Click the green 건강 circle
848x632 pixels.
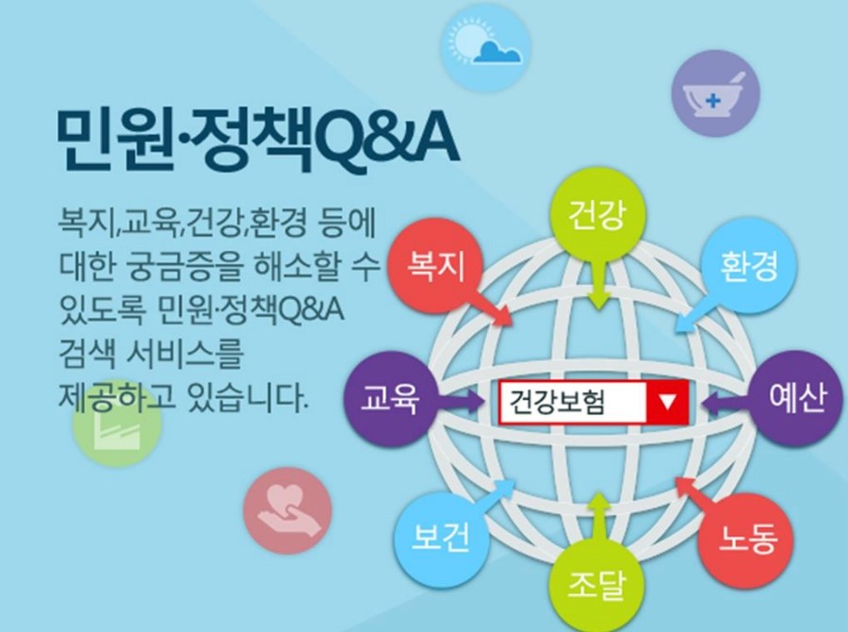point(597,214)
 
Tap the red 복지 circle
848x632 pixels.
point(436,266)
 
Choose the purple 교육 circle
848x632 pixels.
point(390,399)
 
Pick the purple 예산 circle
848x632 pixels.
point(797,399)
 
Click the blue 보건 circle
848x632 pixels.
point(441,539)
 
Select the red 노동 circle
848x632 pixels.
point(746,540)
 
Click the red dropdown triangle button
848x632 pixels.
point(667,402)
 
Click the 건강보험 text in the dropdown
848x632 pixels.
point(557,403)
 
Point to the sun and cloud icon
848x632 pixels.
point(486,46)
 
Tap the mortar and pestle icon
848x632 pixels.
point(715,93)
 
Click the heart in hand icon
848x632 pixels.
point(287,510)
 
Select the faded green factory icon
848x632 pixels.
point(118,423)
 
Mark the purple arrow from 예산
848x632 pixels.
point(726,404)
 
